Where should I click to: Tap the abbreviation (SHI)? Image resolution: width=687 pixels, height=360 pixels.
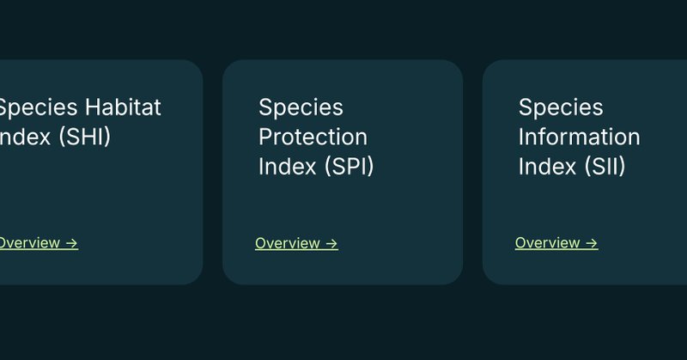point(83,137)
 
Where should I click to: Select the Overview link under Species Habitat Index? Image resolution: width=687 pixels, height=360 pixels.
point(29,243)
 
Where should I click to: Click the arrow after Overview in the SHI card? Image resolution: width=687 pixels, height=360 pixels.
point(72,243)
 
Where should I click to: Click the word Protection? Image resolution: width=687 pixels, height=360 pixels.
point(313,137)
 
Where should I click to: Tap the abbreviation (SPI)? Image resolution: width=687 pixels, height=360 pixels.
point(349,166)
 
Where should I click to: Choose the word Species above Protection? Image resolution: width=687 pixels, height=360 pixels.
point(301,107)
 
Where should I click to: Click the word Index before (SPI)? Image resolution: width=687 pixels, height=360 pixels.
point(288,166)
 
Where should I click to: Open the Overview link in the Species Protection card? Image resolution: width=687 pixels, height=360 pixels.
point(287,244)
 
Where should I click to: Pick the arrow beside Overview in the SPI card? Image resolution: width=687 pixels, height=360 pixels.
point(331,244)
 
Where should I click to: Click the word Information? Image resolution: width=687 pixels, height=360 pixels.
point(579,137)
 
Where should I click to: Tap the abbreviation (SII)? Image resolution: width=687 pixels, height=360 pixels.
point(605,166)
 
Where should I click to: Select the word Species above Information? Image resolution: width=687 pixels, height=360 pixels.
point(561,107)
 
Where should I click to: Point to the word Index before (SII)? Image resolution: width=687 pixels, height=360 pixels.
point(548,166)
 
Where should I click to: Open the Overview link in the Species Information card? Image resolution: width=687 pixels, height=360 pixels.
point(547,243)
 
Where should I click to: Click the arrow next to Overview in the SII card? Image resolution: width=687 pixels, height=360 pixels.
point(592,243)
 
